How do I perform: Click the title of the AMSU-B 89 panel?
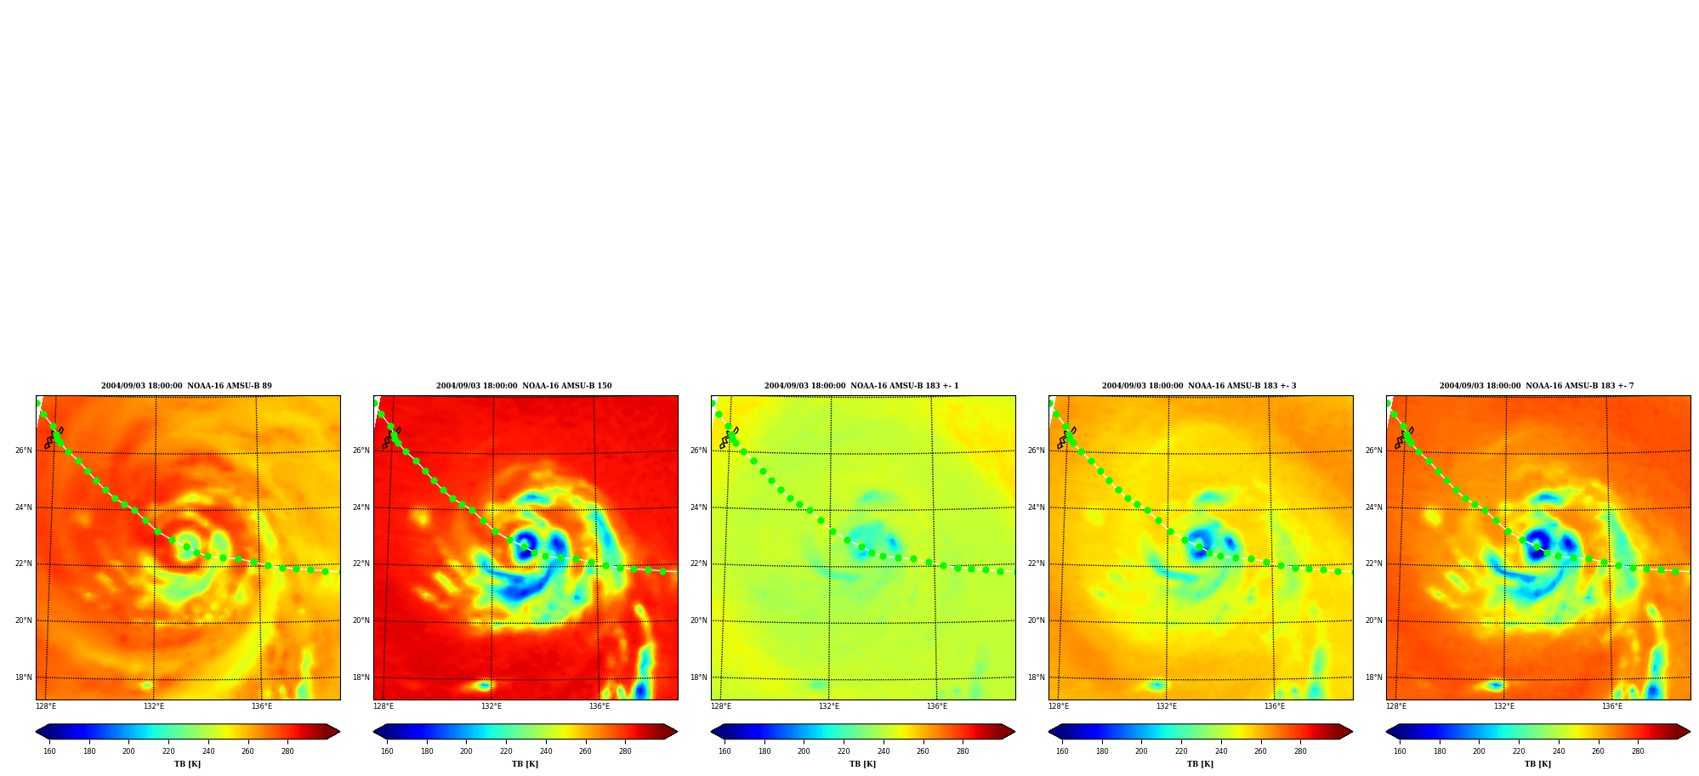186,386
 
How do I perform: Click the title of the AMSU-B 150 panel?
524,386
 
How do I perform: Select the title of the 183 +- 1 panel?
861,386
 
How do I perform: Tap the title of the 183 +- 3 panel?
1199,386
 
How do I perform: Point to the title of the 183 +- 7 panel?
1537,386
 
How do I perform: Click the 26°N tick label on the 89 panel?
23,450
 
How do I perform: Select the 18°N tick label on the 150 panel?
361,677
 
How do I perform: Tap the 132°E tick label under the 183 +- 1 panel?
829,706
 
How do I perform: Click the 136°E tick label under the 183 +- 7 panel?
1612,706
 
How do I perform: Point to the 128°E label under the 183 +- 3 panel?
1059,706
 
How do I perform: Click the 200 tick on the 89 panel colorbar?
128,751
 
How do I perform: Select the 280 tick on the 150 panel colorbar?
625,751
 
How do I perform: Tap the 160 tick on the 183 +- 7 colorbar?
1400,751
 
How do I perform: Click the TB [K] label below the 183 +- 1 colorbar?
862,764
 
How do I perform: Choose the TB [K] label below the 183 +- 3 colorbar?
1200,764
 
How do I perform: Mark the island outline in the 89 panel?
53,438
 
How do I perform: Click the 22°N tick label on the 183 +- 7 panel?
1373,564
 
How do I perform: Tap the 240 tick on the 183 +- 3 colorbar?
1221,751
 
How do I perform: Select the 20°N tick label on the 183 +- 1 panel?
698,620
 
